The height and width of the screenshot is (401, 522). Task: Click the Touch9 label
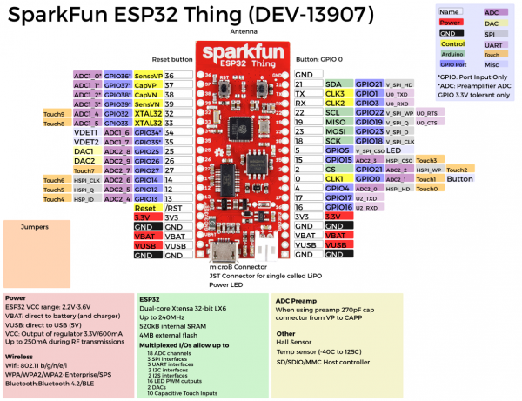coord(54,114)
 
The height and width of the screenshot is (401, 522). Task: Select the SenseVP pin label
coord(148,76)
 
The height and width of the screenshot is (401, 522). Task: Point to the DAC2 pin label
coord(84,161)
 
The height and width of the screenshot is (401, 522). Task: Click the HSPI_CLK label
coord(84,180)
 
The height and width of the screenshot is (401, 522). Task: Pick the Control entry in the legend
coord(453,43)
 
